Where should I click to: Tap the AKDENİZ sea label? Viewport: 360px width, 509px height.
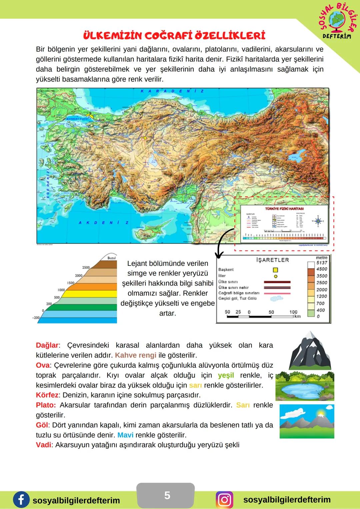click(104, 223)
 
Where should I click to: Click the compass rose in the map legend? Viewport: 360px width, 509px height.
click(318, 221)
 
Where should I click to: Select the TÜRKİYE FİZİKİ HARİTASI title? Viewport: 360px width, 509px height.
click(284, 209)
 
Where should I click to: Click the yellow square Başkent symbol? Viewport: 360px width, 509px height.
click(275, 270)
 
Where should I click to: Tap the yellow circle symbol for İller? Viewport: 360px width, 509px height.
click(275, 276)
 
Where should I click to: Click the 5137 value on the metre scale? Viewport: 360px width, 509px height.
click(322, 263)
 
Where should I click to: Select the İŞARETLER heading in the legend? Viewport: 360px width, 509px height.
click(272, 260)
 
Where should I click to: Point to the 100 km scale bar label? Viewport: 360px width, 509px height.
click(293, 312)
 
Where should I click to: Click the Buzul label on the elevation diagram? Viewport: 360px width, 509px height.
click(111, 258)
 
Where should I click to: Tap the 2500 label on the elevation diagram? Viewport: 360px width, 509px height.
click(86, 267)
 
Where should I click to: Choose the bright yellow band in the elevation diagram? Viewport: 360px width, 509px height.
click(90, 294)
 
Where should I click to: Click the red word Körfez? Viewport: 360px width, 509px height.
click(47, 395)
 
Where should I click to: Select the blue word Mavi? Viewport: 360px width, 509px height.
click(125, 435)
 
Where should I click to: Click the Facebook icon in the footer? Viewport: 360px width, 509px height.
click(21, 500)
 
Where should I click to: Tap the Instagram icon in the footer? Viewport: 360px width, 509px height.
click(225, 500)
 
